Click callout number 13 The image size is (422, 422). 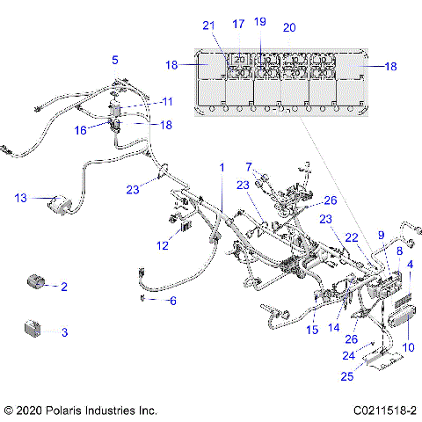pyautogui.click(x=20, y=198)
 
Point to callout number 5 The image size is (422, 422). pyautogui.click(x=114, y=60)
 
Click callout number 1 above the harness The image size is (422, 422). pyautogui.click(x=222, y=167)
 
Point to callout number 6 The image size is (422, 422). pyautogui.click(x=172, y=301)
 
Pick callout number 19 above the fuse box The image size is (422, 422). pyautogui.click(x=258, y=21)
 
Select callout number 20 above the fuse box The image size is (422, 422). pyautogui.click(x=288, y=27)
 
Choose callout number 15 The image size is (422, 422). pyautogui.click(x=311, y=331)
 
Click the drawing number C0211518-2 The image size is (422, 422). pyautogui.click(x=386, y=411)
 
